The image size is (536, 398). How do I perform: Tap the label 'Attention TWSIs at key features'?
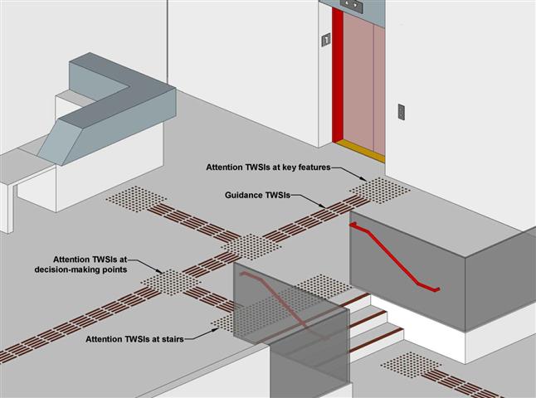pyautogui.click(x=268, y=167)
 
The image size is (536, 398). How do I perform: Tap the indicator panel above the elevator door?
pyautogui.click(x=353, y=5)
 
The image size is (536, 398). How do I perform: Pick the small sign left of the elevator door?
pyautogui.click(x=326, y=38)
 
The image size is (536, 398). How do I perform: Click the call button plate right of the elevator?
pyautogui.click(x=402, y=110)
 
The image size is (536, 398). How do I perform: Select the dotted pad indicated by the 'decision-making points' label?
pyautogui.click(x=170, y=281)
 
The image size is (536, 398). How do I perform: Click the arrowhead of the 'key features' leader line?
pyautogui.click(x=368, y=179)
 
